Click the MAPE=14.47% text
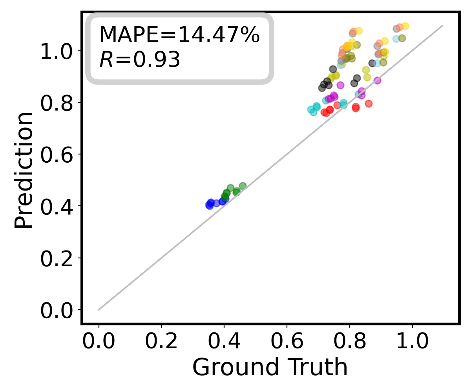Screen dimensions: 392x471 tap(179, 35)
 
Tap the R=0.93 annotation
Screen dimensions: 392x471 tap(139, 60)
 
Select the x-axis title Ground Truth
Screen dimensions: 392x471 tap(270, 367)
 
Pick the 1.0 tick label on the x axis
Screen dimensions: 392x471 tap(412, 342)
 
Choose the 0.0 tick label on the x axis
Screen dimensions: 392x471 tap(99, 342)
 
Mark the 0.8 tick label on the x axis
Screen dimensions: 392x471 tap(349, 342)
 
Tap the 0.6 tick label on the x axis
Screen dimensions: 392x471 tap(287, 342)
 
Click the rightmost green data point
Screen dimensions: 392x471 tap(243, 186)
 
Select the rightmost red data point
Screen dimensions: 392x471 tap(369, 103)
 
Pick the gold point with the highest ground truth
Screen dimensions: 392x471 tap(405, 26)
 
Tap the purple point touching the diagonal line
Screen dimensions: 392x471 tap(377, 81)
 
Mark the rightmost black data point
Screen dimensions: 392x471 tap(372, 63)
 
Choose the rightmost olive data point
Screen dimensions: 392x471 tap(402, 38)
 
